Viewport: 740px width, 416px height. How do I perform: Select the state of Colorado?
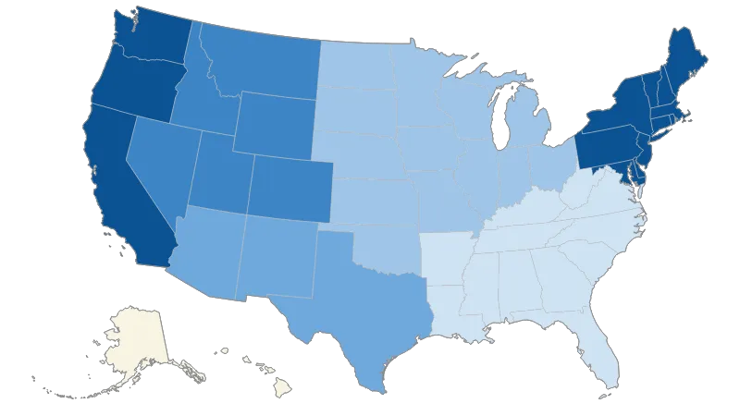(287, 185)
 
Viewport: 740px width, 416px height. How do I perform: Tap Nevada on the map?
(157, 166)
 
